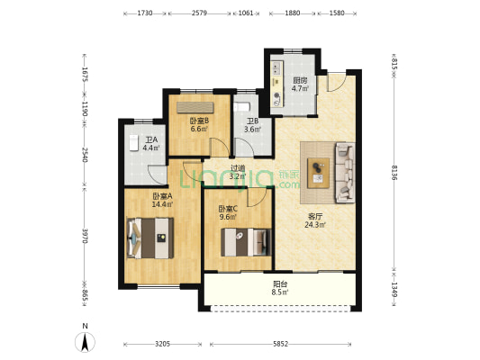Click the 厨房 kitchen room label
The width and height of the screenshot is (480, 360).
[300, 80]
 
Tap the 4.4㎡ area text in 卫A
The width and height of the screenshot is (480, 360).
[151, 148]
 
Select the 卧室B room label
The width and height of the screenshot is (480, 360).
[200, 121]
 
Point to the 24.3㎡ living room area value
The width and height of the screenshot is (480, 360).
[315, 225]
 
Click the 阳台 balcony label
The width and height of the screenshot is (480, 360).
[280, 284]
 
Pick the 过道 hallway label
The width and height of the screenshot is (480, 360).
[238, 168]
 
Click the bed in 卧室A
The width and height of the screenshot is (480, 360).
[150, 238]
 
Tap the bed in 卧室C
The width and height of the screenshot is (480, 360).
[247, 242]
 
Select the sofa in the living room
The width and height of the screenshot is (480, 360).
[345, 173]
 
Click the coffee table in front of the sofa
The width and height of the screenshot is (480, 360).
[319, 173]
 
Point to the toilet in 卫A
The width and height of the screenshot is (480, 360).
[134, 143]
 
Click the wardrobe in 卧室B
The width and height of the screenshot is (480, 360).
[195, 107]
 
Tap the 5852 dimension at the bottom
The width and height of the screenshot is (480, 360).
[281, 344]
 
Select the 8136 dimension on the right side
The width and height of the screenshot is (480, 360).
[394, 173]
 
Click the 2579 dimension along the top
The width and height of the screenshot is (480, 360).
[199, 13]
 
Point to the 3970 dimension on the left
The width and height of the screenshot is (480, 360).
[85, 236]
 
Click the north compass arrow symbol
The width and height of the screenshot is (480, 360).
[85, 342]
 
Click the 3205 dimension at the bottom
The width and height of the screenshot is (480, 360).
[162, 344]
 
